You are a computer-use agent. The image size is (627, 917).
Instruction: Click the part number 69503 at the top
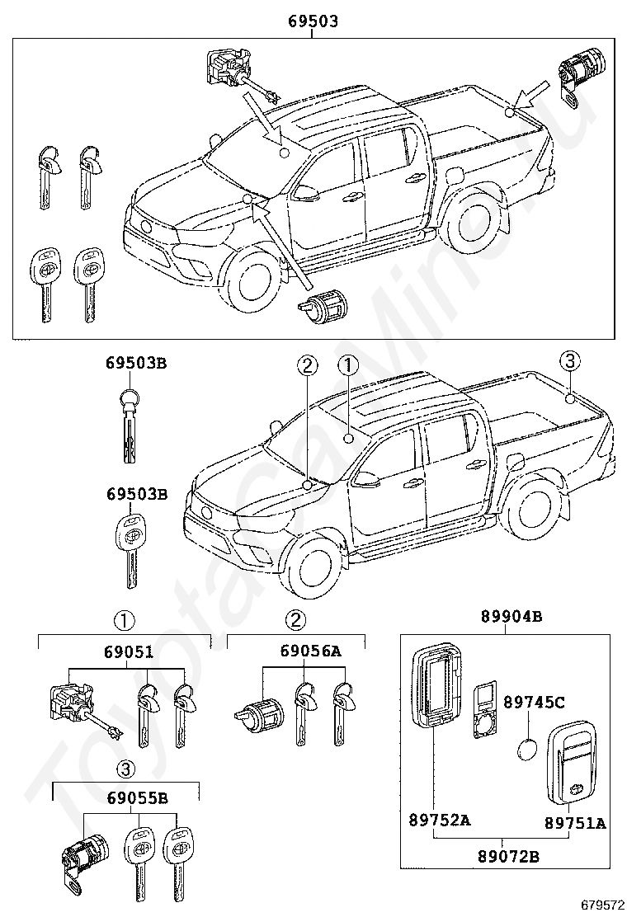tap(313, 22)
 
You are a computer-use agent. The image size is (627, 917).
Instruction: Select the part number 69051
tap(129, 651)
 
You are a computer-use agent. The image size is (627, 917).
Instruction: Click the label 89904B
tap(511, 616)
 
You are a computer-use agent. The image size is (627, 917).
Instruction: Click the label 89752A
tap(439, 821)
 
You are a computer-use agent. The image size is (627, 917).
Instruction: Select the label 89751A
tap(576, 822)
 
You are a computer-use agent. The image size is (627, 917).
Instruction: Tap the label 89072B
tap(509, 857)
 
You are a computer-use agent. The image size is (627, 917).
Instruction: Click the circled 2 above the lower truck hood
tap(306, 365)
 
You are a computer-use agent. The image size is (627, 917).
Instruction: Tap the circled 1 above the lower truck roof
tap(348, 365)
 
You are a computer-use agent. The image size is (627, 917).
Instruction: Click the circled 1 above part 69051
tap(124, 620)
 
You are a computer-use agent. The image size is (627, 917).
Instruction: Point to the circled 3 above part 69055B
tap(124, 769)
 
